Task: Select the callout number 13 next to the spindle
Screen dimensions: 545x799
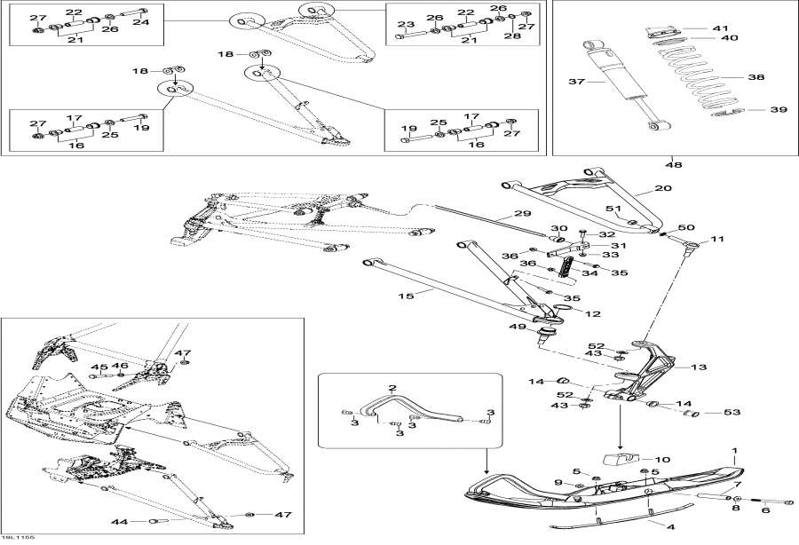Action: pos(698,367)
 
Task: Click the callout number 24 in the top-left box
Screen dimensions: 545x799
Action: pos(141,21)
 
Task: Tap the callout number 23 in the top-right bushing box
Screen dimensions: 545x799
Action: pos(406,24)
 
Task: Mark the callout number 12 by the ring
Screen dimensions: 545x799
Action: pos(592,314)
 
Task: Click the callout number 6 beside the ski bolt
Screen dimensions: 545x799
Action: pos(765,510)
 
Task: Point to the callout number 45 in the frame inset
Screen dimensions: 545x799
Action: pos(99,367)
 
